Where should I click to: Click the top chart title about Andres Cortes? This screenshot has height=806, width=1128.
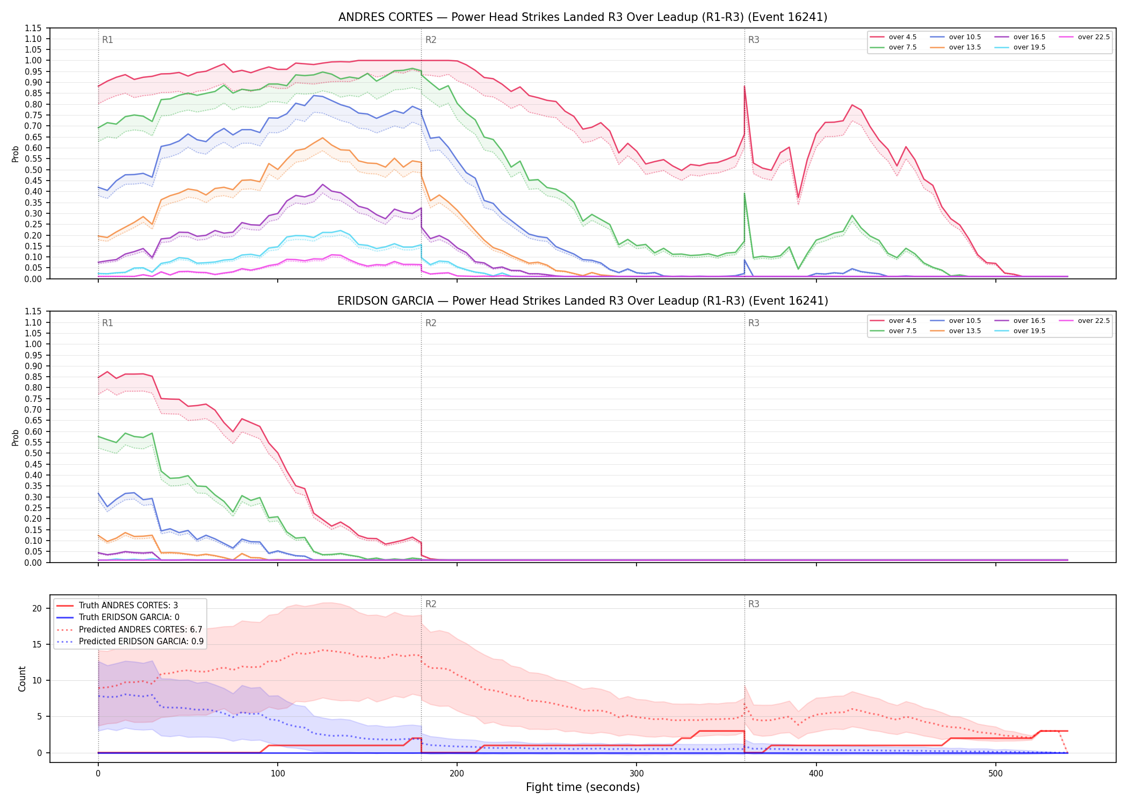[583, 17]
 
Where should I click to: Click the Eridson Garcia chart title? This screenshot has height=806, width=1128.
[583, 301]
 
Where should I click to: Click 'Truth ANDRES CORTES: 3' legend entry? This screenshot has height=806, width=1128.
[128, 606]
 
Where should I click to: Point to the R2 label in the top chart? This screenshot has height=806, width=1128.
[431, 40]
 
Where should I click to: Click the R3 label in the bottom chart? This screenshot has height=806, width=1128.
[754, 604]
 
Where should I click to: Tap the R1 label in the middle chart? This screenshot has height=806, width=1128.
[107, 323]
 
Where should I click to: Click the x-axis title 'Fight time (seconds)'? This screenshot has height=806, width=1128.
[583, 787]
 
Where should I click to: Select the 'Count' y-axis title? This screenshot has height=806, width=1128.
[22, 679]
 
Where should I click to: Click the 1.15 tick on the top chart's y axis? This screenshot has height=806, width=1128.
[33, 28]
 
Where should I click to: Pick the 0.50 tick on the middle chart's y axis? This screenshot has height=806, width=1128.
[33, 453]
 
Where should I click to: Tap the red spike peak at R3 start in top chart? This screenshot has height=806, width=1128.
[744, 86]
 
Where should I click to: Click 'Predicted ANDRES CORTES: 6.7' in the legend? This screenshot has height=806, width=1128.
[140, 630]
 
